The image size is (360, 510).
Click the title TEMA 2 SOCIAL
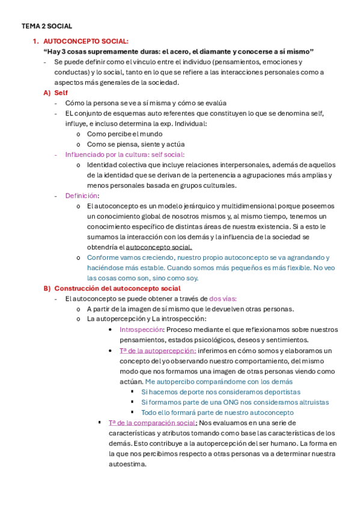pos(47,26)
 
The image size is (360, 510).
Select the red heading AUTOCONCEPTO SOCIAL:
pos(86,41)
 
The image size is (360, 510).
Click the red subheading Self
pos(61,93)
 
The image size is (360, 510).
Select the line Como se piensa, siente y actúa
pos(135,144)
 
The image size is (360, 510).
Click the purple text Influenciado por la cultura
pos(109,155)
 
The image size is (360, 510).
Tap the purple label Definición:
pos(82,195)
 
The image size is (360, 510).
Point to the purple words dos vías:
pos(223,298)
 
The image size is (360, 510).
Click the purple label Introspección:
pos(142,330)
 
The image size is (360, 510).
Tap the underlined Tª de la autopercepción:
pos(157,350)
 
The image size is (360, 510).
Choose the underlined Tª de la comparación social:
pos(153,423)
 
